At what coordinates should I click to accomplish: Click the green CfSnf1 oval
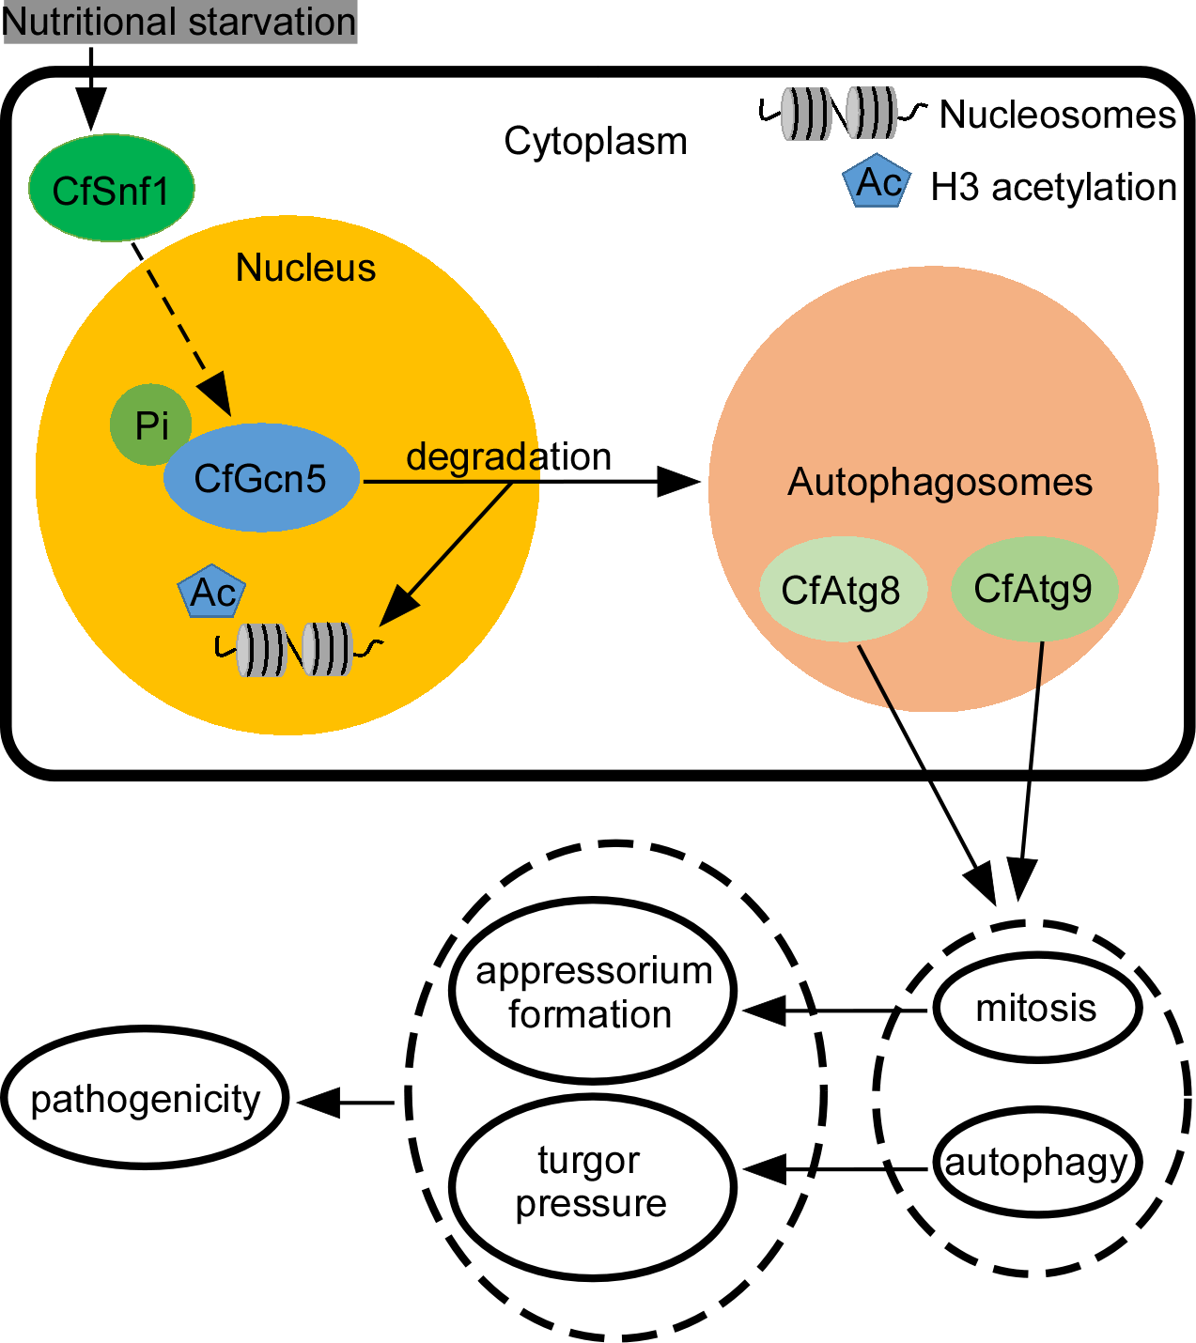point(111,189)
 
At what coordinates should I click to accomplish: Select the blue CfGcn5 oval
point(260,478)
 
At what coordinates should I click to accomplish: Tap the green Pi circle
point(150,425)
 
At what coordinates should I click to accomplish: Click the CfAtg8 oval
point(842,590)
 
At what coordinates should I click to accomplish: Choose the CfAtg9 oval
point(1033,589)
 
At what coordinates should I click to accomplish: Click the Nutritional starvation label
point(179,22)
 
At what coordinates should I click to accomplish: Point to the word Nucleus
point(305,268)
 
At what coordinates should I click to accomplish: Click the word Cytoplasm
point(596,141)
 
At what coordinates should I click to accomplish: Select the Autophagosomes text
point(940,482)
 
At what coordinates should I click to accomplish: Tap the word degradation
point(508,456)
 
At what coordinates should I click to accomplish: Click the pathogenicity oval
point(146,1098)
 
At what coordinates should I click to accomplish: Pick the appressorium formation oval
point(593,992)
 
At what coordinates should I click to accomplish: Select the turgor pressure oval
point(592,1182)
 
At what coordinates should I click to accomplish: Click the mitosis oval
point(1036,1008)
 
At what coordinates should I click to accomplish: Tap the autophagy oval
point(1036,1163)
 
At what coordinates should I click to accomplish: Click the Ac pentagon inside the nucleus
point(212,592)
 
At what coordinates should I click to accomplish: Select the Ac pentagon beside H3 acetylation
point(878,181)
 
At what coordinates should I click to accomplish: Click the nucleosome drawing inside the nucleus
point(296,649)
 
